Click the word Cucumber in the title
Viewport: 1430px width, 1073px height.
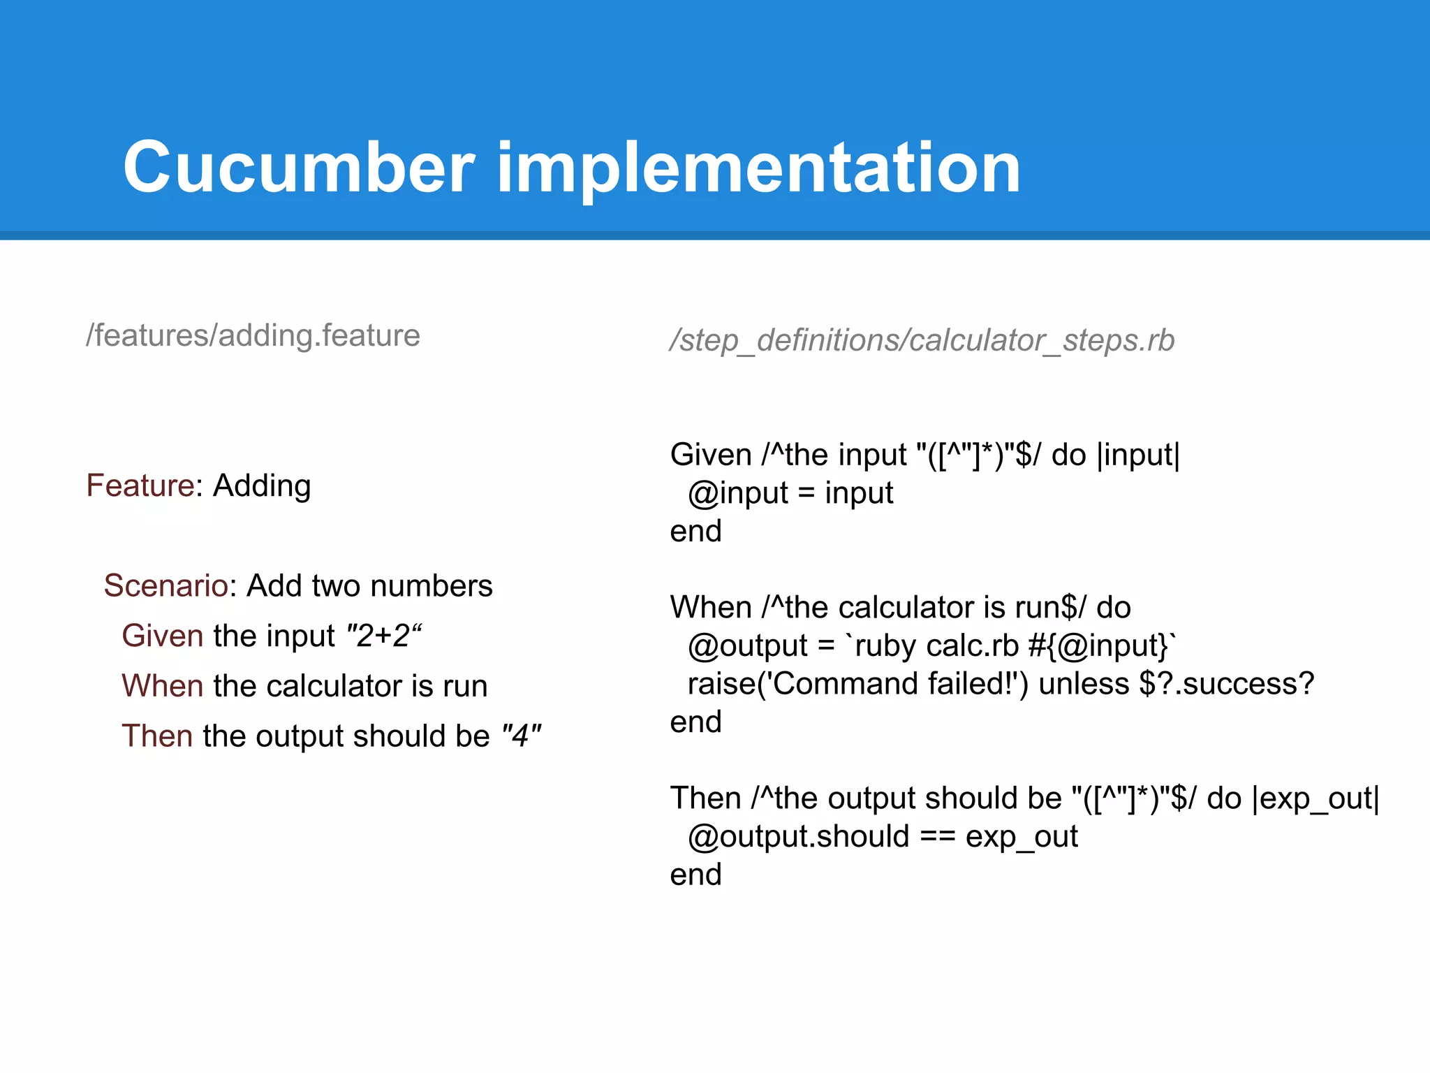(x=299, y=168)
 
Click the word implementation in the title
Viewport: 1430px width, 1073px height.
(x=758, y=168)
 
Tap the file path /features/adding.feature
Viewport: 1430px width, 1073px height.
(x=253, y=336)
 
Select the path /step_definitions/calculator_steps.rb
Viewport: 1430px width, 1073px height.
(x=922, y=341)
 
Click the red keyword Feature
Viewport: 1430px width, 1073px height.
(x=140, y=486)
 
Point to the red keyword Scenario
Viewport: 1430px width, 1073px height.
(x=165, y=585)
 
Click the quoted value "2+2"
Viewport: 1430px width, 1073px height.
(x=385, y=636)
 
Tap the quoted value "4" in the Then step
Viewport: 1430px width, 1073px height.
(x=521, y=736)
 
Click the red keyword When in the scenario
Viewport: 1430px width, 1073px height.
(x=162, y=686)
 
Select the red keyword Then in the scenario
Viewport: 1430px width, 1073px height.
(x=156, y=736)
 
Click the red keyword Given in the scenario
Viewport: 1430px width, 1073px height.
(x=162, y=636)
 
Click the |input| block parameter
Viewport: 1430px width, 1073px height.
(x=1138, y=455)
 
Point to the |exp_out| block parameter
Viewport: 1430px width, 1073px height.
(x=1315, y=798)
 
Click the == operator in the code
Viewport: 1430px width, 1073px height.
(x=937, y=837)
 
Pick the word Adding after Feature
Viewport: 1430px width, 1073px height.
(x=262, y=486)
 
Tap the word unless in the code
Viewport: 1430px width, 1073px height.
(x=1084, y=684)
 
